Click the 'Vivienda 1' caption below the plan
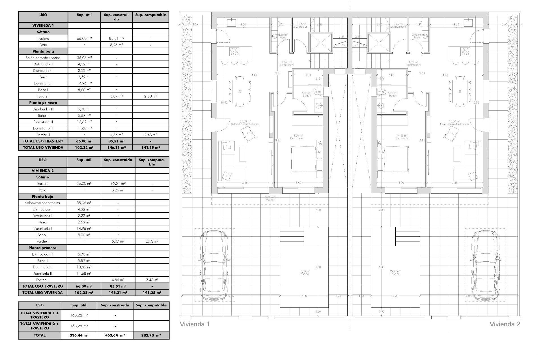coord(195,324)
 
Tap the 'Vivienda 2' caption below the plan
coord(505,324)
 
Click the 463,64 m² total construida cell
coord(115,335)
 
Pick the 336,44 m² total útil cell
coord(79,335)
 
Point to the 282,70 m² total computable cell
coord(151,335)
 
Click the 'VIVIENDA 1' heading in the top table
coord(43,25)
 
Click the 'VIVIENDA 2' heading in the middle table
coord(42,171)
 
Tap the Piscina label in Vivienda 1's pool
coord(304,273)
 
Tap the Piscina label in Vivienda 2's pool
coord(395,273)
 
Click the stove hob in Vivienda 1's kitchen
coord(234,51)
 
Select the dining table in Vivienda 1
coord(240,91)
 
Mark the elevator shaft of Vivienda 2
coord(379,43)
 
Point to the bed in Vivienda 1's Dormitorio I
coord(303,159)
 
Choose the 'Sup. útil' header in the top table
coord(84,15)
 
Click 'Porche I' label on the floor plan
coord(270,199)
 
